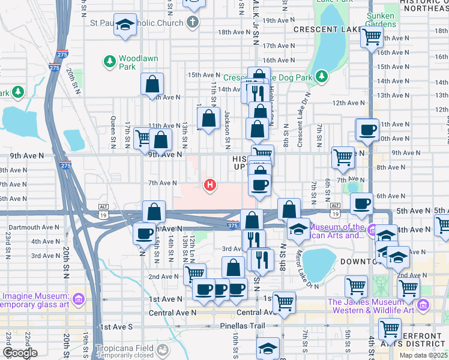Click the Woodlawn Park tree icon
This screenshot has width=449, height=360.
[110, 61]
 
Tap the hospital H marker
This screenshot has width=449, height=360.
[210, 185]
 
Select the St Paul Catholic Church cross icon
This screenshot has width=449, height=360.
[193, 23]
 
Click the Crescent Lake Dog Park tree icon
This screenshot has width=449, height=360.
[322, 76]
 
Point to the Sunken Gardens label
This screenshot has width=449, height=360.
[381, 19]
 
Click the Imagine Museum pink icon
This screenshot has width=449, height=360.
[77, 299]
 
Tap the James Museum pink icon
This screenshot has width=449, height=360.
[423, 307]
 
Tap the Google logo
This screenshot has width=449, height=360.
[19, 353]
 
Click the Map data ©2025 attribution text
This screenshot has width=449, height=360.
[424, 355]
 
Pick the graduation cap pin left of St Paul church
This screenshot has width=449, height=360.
[125, 26]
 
